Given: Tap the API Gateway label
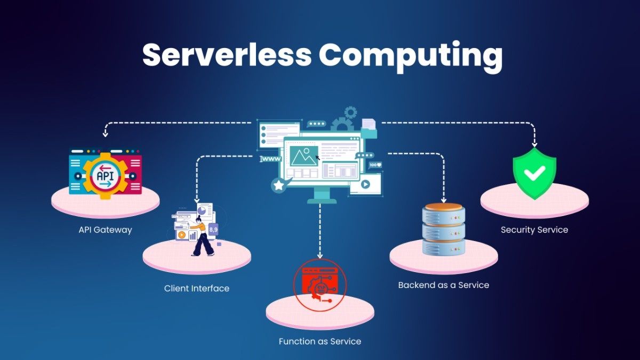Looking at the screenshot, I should (105, 230).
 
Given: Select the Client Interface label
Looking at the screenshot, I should (196, 289).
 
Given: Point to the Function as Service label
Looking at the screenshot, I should (319, 341).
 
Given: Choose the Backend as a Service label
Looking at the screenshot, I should (443, 285).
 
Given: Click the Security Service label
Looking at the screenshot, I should (534, 230).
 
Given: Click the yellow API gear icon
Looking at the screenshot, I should (105, 174).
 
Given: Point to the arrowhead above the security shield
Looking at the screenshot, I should (534, 144).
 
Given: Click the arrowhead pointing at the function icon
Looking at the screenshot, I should (320, 255).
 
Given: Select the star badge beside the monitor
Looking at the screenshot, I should (278, 185).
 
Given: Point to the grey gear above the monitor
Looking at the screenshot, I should (350, 113).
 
